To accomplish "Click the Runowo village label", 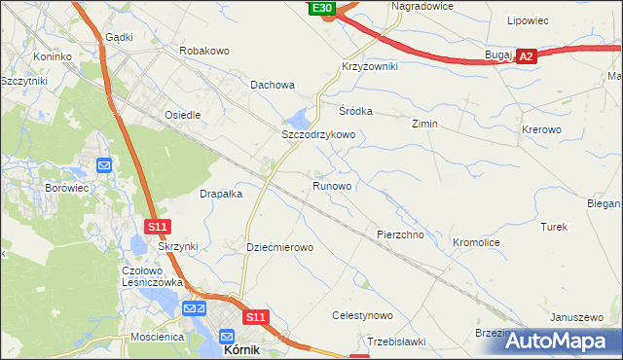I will point(332,184).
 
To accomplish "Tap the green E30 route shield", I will point(323,8).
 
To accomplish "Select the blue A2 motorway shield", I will point(526,57).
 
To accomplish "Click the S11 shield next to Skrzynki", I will point(159,227).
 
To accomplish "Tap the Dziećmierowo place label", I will point(279,247).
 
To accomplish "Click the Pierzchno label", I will point(400,235).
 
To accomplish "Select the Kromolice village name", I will point(476,241).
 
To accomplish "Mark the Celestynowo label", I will point(362,315).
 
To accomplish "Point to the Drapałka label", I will point(221,194).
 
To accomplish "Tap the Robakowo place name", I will point(203,49).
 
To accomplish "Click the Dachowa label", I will point(273,85).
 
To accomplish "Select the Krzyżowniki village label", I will point(369,66).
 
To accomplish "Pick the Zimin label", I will point(424,125).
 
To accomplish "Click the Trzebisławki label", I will point(397,341).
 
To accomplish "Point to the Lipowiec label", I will point(528,19).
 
